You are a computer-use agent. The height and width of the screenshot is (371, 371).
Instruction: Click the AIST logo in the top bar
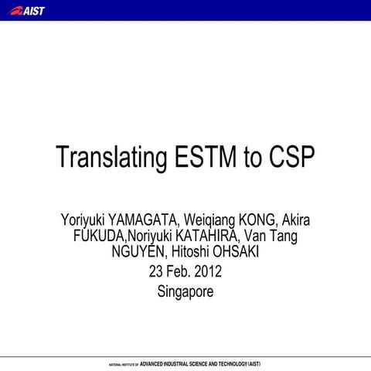(30, 11)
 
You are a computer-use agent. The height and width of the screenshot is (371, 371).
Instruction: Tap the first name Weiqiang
(203, 220)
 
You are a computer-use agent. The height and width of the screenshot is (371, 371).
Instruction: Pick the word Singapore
(185, 292)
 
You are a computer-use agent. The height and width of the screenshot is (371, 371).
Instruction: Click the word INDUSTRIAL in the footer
(175, 362)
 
